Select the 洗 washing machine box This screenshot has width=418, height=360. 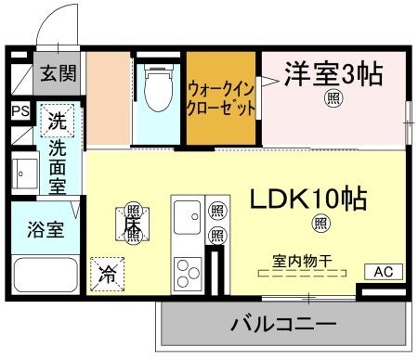coord(58,120)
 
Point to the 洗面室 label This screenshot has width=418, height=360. coord(58,166)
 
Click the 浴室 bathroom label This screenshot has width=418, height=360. coord(44,229)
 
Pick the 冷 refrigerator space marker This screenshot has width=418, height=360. coord(107,274)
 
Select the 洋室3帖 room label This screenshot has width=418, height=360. coord(333,74)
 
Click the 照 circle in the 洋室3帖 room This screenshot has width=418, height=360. coord(331,99)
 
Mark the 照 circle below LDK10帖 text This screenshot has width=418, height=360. coord(320,223)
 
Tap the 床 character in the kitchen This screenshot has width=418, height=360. coord(132,224)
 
